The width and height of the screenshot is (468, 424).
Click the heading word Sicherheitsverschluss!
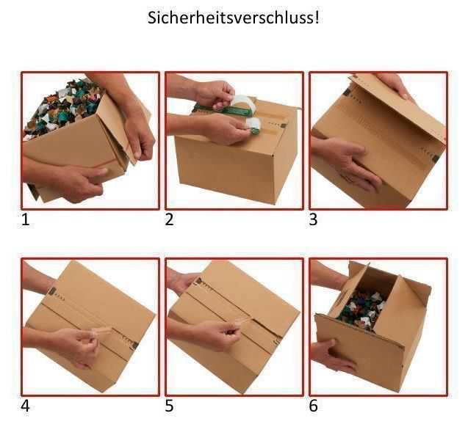coord(234,18)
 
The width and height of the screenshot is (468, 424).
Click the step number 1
coord(26,219)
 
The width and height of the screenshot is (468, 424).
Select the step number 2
coord(170,219)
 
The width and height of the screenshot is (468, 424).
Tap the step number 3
coord(314,219)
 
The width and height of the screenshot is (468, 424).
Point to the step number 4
coord(26,406)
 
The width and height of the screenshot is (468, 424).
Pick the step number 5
coord(170,406)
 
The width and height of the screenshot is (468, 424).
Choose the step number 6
coord(314,406)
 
